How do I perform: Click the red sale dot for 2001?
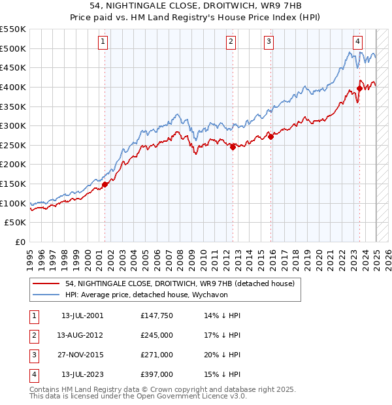coord(105,184)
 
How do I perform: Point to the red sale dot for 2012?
coord(233,147)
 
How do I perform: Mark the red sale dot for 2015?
coord(270,137)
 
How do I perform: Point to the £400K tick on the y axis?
coord(14,87)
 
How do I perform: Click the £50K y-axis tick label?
coord(16,223)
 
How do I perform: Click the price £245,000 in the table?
coord(157,335)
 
